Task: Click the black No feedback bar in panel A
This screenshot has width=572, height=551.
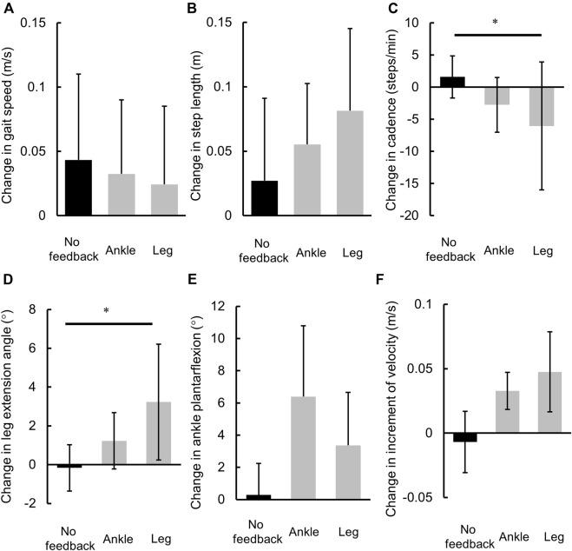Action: coord(79,187)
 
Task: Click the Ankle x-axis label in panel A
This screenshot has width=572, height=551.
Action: coord(121,250)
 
